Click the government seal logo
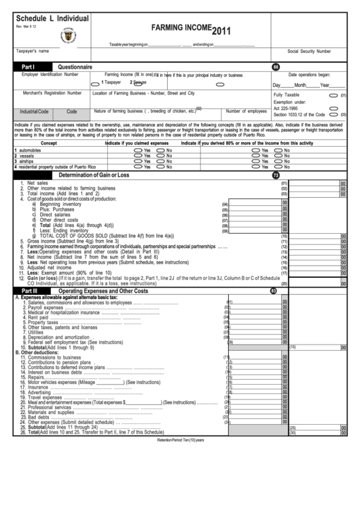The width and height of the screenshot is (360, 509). (x=68, y=35)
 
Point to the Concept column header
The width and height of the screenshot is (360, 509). (x=49, y=143)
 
